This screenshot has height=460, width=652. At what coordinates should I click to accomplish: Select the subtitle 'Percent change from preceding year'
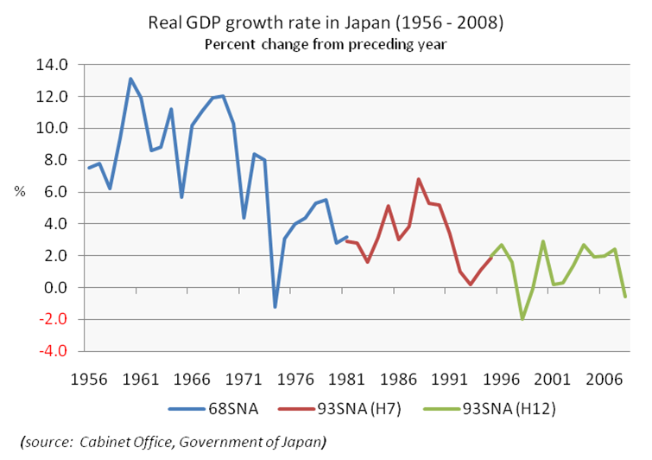point(326,43)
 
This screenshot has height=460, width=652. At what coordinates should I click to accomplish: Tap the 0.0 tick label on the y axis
point(55,287)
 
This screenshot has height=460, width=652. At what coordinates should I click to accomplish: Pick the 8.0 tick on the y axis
point(55,160)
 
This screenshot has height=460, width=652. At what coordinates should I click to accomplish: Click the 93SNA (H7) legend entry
point(340,411)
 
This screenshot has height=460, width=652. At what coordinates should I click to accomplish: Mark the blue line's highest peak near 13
point(130,79)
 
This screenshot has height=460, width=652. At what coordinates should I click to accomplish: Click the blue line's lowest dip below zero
point(275,307)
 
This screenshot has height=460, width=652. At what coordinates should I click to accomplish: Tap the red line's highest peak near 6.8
point(418,179)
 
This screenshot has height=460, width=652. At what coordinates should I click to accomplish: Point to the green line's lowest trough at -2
point(522,319)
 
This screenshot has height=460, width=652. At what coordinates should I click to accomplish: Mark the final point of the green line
point(624,297)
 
